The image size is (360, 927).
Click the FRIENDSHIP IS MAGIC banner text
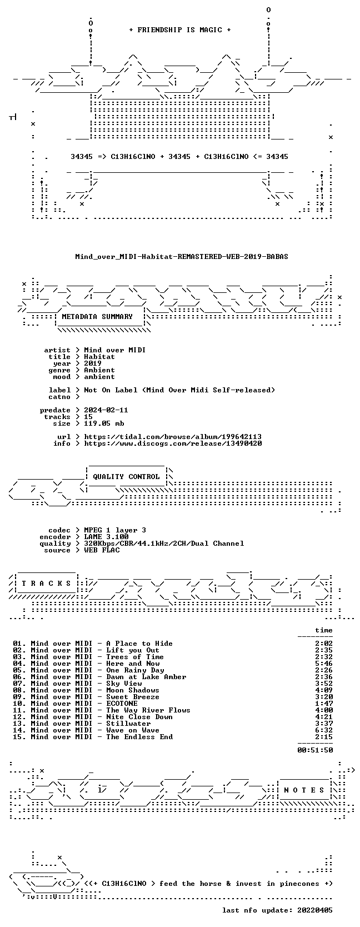[x=180, y=30]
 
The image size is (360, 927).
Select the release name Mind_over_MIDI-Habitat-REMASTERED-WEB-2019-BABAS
[x=182, y=257]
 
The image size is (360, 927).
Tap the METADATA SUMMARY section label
[x=97, y=317]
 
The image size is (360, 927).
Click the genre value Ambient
[x=99, y=370]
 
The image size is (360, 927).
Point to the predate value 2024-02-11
[x=106, y=410]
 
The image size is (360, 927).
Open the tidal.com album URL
[x=173, y=437]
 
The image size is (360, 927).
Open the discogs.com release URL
[x=173, y=443]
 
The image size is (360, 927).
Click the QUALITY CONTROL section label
[x=126, y=477]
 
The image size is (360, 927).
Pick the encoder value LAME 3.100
[x=106, y=537]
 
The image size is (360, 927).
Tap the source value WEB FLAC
[x=102, y=550]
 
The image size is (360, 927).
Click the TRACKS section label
[x=46, y=584]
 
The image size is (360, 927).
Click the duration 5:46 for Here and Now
[x=323, y=664]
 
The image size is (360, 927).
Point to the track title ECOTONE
[x=122, y=704]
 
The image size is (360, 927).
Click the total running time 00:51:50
[x=315, y=750]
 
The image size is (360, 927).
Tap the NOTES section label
[x=304, y=790]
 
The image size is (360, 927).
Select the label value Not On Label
[x=111, y=390]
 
